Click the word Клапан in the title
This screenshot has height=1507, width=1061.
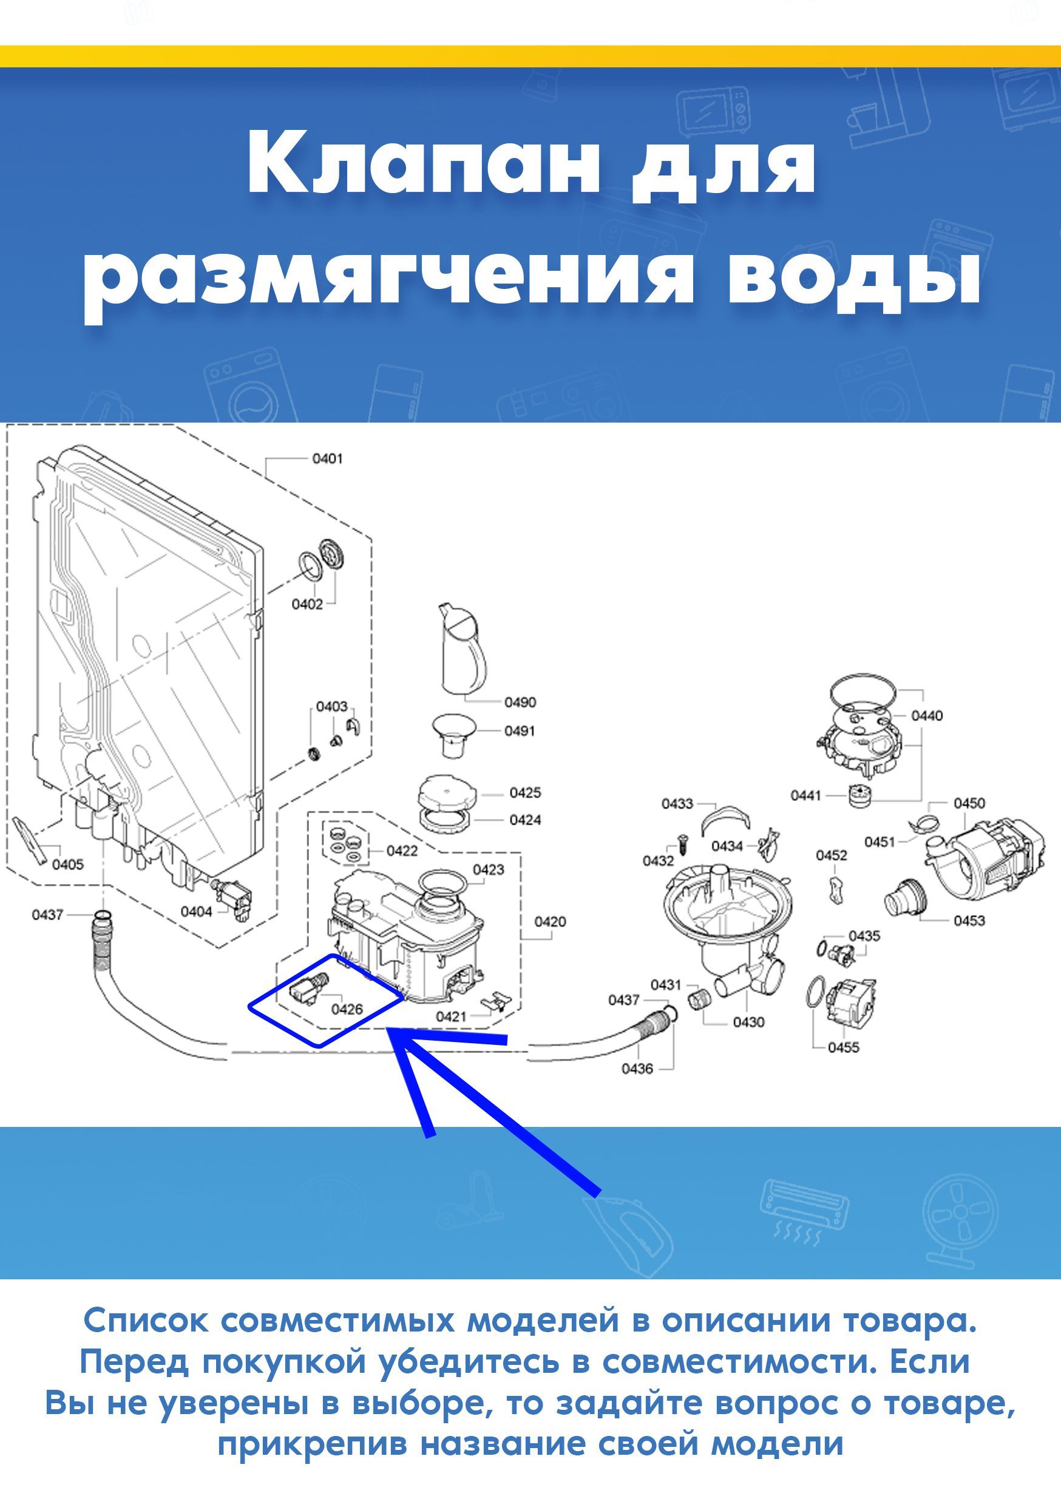(x=423, y=161)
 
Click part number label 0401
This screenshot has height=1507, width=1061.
(x=327, y=458)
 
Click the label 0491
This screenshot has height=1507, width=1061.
(x=520, y=730)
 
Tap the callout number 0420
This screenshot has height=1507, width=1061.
(x=550, y=922)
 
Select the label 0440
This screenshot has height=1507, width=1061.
(x=927, y=715)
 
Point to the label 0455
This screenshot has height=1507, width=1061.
(x=843, y=1047)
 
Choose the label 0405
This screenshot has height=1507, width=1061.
(x=67, y=865)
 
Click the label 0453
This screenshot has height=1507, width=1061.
(x=969, y=920)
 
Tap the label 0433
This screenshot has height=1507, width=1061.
(x=677, y=803)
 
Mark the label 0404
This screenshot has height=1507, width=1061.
(x=196, y=912)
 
